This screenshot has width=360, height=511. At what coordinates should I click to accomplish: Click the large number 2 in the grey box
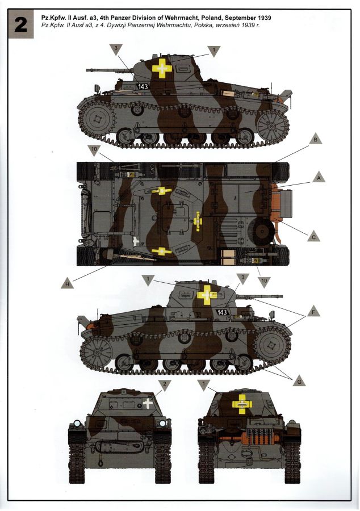(20, 25)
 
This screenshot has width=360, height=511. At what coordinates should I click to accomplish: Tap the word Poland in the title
(207, 18)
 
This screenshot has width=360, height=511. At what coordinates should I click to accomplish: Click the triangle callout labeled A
(319, 178)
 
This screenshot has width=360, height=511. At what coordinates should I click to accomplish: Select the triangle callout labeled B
(315, 139)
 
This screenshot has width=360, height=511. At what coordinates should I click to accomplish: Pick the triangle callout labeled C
(313, 236)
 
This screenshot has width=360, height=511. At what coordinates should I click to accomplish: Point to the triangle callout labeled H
(67, 283)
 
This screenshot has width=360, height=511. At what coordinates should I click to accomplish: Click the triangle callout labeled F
(313, 311)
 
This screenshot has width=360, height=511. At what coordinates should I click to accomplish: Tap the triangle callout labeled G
(299, 380)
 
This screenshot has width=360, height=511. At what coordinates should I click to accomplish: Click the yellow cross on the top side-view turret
(162, 68)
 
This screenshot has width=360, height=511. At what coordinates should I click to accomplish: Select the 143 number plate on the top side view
(143, 86)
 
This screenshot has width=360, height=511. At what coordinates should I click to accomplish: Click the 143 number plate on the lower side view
(222, 312)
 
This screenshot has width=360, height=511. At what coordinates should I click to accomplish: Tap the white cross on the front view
(147, 403)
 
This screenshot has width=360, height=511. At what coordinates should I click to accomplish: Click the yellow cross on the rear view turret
(242, 404)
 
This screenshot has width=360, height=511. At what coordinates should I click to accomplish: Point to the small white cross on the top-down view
(136, 241)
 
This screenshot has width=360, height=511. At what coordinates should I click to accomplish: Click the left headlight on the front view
(77, 424)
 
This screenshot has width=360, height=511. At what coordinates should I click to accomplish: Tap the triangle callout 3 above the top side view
(116, 49)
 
